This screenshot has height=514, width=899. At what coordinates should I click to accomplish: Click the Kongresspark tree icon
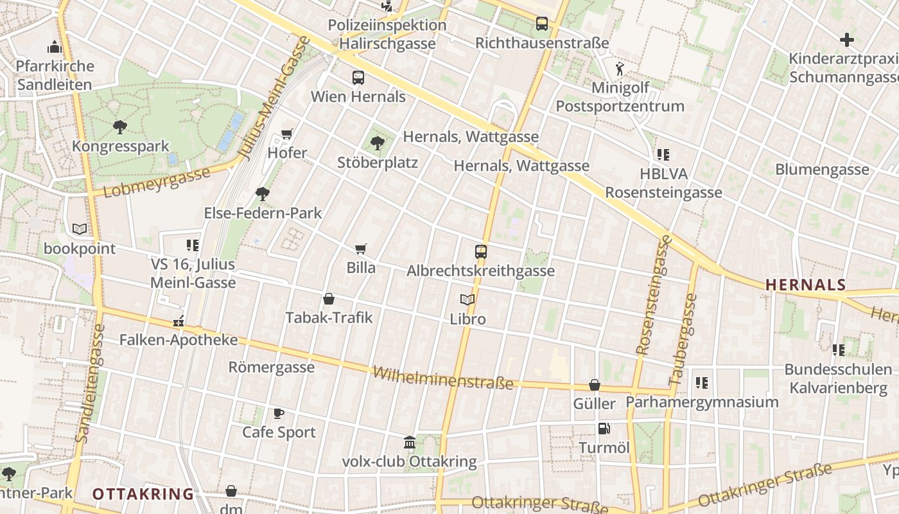(x=119, y=127)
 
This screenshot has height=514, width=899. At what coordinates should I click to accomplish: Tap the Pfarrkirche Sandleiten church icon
(x=54, y=47)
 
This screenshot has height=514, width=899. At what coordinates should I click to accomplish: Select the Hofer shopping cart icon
(x=287, y=134)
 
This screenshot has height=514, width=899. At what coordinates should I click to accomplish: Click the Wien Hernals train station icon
(x=358, y=78)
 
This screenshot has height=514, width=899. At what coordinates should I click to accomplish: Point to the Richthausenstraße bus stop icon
(x=542, y=24)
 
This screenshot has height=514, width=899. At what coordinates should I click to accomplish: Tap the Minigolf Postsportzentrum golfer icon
(x=620, y=69)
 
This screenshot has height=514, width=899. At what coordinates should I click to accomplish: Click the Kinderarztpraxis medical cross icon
(x=847, y=40)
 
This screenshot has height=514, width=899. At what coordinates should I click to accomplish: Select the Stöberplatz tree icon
(x=378, y=143)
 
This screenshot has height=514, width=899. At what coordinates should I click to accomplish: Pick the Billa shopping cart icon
(x=361, y=249)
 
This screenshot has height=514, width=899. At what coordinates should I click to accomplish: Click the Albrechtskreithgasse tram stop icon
(x=481, y=252)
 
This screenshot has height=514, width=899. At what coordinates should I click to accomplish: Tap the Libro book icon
(x=467, y=299)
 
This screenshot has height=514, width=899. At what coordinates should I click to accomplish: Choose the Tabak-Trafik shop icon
(x=329, y=299)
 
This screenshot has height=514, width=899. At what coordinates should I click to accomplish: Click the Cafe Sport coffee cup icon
(x=279, y=413)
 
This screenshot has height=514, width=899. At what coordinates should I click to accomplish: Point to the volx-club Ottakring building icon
(x=410, y=442)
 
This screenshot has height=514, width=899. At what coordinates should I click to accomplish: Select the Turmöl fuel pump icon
(x=604, y=429)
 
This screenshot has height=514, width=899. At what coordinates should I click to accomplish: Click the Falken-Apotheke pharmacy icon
(x=179, y=321)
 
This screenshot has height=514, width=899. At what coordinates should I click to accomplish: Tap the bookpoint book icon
(x=80, y=229)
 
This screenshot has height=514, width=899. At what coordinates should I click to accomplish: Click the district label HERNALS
(x=806, y=285)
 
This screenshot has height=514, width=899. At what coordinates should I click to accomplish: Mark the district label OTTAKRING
(x=143, y=494)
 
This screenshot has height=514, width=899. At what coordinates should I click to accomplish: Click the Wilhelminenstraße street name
(x=443, y=378)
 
